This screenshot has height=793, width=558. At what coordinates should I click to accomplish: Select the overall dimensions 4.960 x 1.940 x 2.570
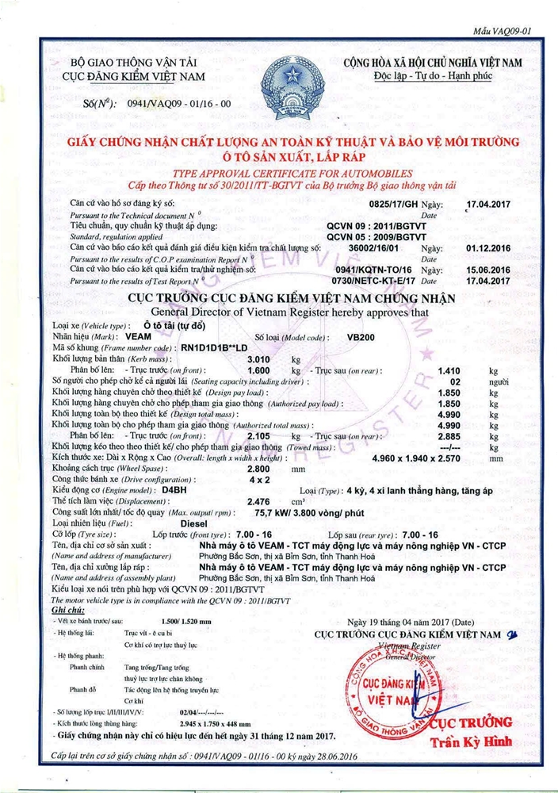point(416,458)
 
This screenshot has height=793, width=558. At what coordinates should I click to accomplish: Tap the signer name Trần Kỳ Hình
point(466,742)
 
